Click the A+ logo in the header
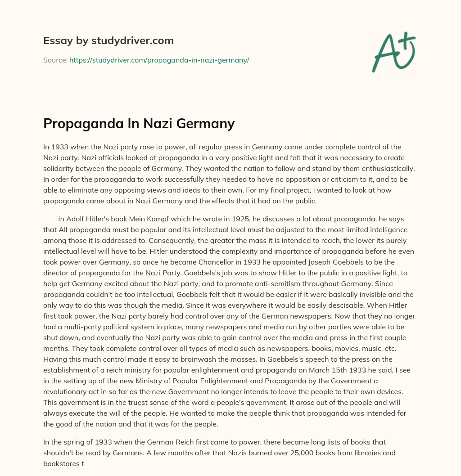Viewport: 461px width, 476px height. point(393,52)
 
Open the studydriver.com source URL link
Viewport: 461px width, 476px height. point(159,60)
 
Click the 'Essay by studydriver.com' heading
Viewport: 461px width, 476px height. point(108,40)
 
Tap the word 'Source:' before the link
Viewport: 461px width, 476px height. point(55,60)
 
